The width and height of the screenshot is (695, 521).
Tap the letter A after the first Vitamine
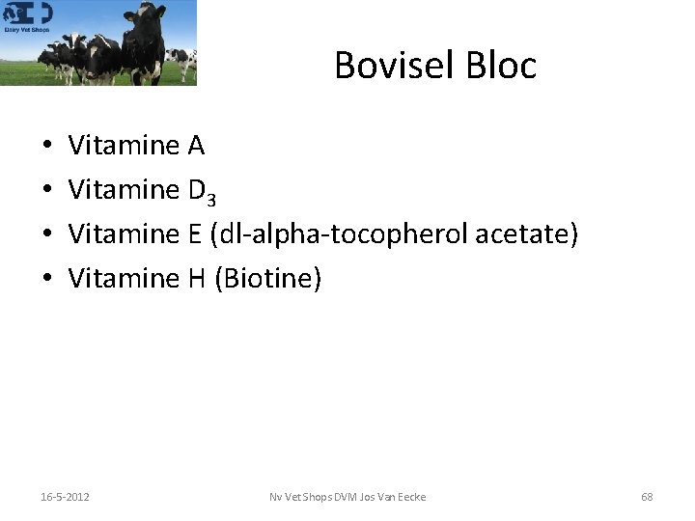(x=196, y=146)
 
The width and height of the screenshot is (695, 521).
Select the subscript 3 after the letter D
(x=210, y=198)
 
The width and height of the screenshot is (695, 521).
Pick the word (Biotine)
(x=267, y=279)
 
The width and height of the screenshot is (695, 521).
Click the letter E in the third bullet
(x=190, y=234)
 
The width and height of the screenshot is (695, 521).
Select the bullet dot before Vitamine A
(x=47, y=147)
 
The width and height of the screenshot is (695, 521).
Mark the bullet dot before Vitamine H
(x=47, y=280)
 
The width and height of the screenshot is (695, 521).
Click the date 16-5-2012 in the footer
(x=66, y=497)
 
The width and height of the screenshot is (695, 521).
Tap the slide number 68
(x=647, y=497)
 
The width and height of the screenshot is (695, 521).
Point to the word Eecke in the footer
(x=410, y=497)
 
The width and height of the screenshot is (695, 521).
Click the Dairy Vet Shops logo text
(x=27, y=29)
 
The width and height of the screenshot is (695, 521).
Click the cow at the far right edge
(x=187, y=62)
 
